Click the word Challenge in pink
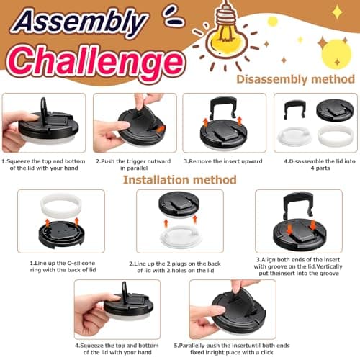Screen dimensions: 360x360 (x=96, y=62)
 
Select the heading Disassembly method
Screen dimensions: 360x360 (x=296, y=80)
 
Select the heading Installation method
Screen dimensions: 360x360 (x=180, y=180)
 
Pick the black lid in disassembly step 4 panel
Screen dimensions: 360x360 (x=335, y=110)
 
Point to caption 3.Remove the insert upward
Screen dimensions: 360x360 (x=223, y=161)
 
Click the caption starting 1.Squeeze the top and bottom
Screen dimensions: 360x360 (x=44, y=165)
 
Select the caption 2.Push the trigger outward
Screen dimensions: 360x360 (x=133, y=165)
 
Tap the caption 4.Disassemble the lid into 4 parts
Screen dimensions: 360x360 (x=320, y=165)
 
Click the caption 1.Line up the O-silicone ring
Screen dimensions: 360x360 (x=63, y=266)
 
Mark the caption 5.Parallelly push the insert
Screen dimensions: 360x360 (x=232, y=349)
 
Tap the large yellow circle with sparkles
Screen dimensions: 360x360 (x=336, y=54)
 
